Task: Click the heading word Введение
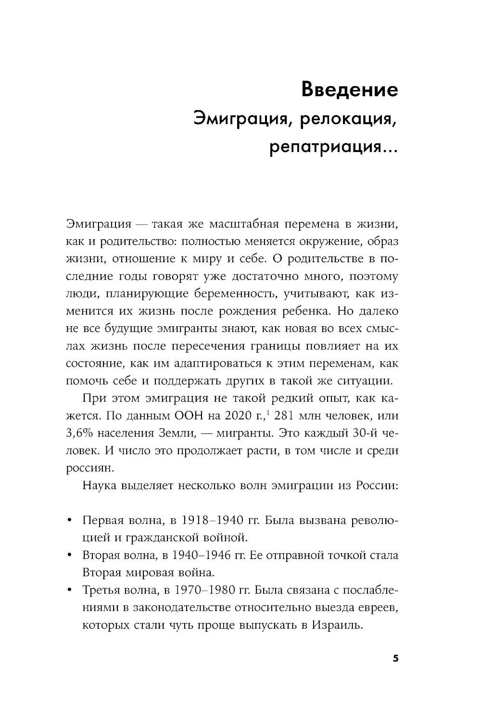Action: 349,90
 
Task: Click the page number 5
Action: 395,659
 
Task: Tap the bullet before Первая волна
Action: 70,521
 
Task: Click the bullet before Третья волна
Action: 70,591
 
